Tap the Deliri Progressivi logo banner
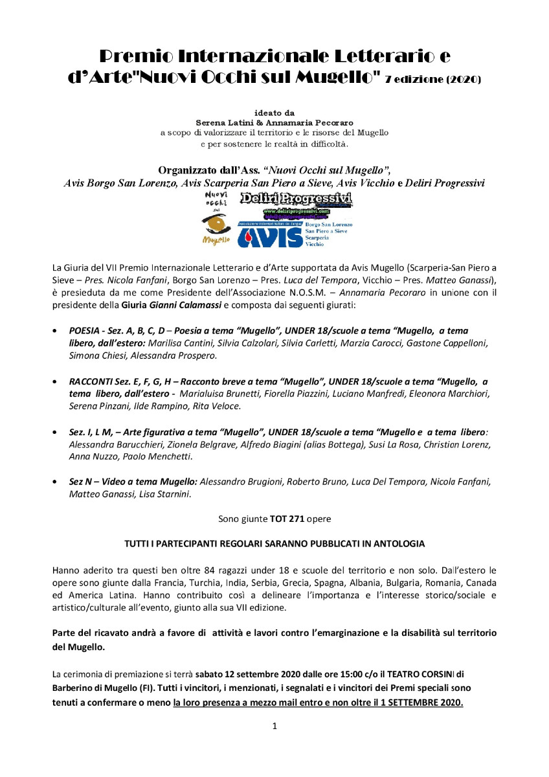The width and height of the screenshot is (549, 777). click(x=295, y=199)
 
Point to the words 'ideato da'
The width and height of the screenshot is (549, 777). click(x=274, y=112)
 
